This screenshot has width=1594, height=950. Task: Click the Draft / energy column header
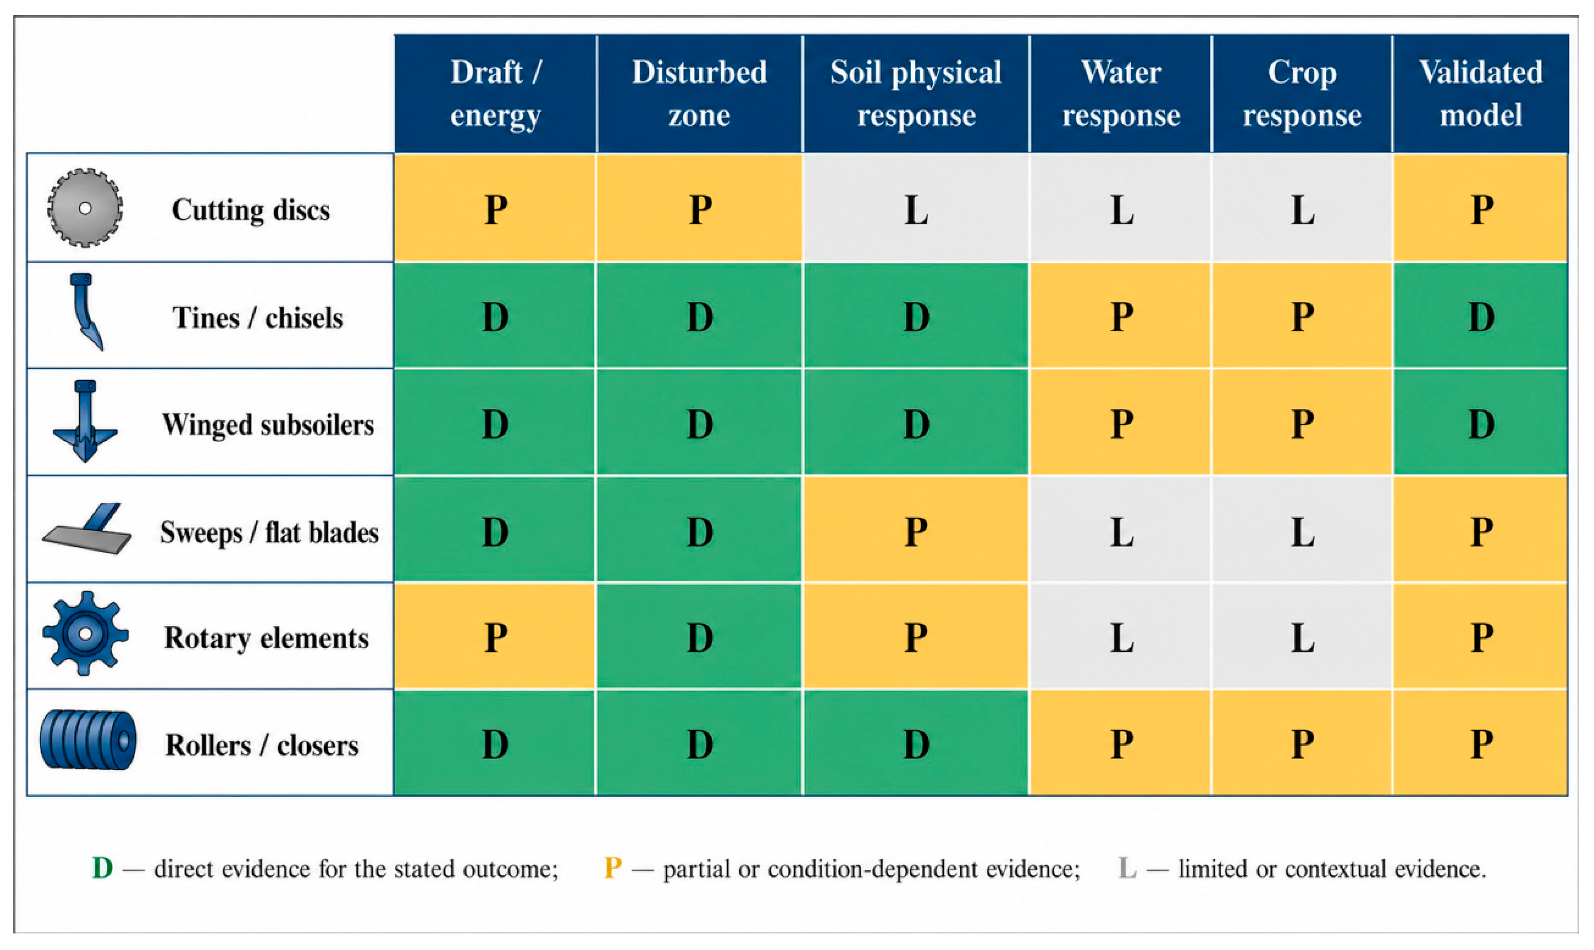(x=495, y=93)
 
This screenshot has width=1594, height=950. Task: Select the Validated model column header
(x=1481, y=93)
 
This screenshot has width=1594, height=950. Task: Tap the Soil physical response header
(x=916, y=93)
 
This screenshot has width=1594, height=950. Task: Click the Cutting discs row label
(x=250, y=210)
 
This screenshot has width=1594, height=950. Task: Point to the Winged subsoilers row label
(x=267, y=424)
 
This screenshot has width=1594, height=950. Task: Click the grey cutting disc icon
(x=85, y=208)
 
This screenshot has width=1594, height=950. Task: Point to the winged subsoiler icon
(x=85, y=421)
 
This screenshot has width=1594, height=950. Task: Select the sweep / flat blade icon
(x=87, y=529)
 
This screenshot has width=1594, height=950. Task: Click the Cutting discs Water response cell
(x=1121, y=208)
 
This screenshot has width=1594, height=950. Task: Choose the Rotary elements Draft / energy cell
(x=495, y=636)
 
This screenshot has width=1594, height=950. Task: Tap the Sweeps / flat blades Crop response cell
(x=1302, y=529)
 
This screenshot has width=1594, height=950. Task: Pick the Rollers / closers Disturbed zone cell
(x=699, y=743)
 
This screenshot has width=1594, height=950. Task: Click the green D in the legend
(x=102, y=869)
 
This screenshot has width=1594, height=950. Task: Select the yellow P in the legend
(x=613, y=869)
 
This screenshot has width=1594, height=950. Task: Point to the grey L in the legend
(x=1127, y=869)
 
